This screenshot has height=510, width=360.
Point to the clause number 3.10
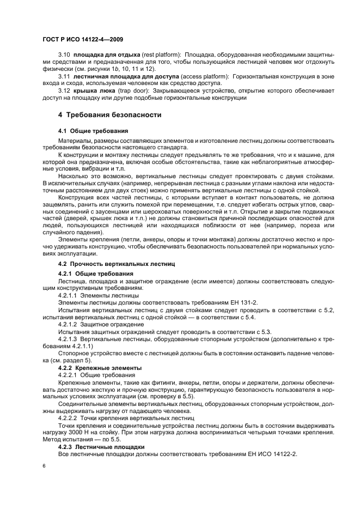(64, 56)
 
